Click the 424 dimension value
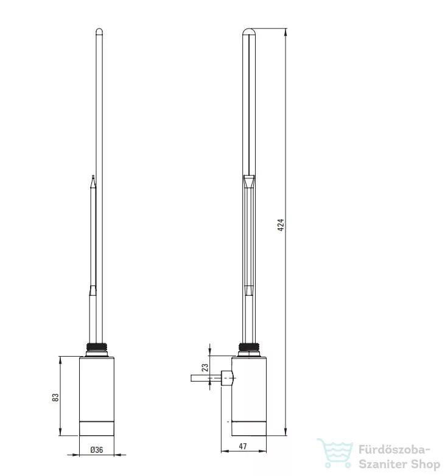281,225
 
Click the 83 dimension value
55,397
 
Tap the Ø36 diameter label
97,450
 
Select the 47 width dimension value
242,446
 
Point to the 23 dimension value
205,368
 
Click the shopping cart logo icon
335,453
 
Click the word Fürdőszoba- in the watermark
394,449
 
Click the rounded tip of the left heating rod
99,30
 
